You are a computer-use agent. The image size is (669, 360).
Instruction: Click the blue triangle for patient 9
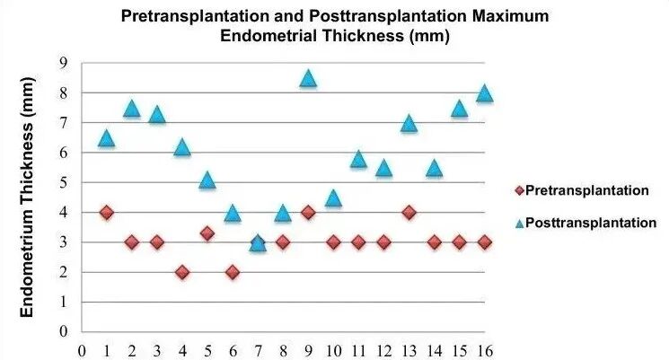[x=308, y=79]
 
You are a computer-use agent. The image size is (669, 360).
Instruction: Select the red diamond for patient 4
[x=182, y=272]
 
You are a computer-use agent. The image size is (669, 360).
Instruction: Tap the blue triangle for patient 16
[x=484, y=93]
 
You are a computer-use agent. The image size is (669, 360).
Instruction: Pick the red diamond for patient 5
[x=207, y=233]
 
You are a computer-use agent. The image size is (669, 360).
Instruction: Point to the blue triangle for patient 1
[x=107, y=138]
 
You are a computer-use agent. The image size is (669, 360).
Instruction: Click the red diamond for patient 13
[x=409, y=212]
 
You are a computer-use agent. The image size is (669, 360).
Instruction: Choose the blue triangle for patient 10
[x=333, y=198]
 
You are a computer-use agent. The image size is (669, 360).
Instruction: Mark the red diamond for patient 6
[x=233, y=272]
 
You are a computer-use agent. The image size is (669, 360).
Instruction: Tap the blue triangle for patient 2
[x=132, y=109]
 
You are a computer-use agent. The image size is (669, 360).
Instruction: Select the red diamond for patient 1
[x=107, y=212]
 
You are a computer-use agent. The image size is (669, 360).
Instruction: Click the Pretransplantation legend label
[x=586, y=190]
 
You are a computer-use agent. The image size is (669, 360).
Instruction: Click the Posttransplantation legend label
[x=591, y=223]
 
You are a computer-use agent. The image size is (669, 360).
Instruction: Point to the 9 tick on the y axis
[x=64, y=63]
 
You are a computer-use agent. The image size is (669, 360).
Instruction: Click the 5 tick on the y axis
[x=64, y=182]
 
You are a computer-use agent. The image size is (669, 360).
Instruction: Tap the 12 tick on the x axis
[x=383, y=351]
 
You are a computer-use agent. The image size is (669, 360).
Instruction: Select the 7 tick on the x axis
[x=258, y=351]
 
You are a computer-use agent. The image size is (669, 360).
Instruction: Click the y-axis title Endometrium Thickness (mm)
[x=26, y=198]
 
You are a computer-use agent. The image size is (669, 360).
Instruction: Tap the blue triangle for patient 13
[x=409, y=124]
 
